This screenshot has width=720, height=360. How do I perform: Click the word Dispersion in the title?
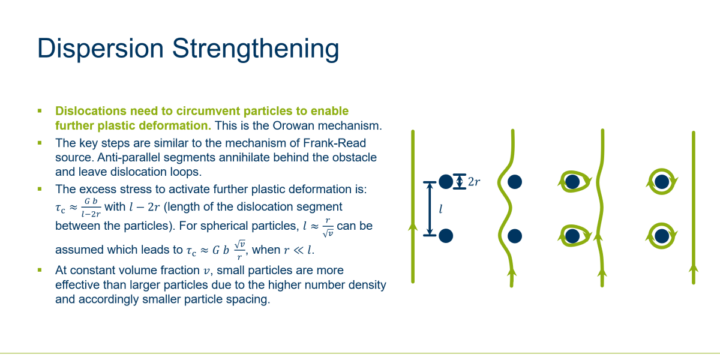(101, 49)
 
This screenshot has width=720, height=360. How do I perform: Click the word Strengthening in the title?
(256, 49)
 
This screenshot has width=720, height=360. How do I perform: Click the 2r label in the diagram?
(474, 182)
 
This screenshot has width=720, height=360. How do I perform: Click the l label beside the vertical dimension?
(441, 209)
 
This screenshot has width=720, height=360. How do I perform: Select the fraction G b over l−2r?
(91, 208)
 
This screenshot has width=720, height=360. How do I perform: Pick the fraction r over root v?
(328, 227)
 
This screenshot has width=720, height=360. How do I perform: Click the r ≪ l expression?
(298, 250)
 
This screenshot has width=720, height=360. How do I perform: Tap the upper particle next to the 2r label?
(446, 182)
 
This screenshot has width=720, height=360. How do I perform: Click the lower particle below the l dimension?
(446, 236)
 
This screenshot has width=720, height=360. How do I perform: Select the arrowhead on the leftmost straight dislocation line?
(413, 227)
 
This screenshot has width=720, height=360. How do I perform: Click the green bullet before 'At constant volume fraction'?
(40, 270)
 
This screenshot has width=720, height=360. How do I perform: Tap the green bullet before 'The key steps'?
(40, 143)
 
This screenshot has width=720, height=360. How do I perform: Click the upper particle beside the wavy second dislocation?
(515, 182)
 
